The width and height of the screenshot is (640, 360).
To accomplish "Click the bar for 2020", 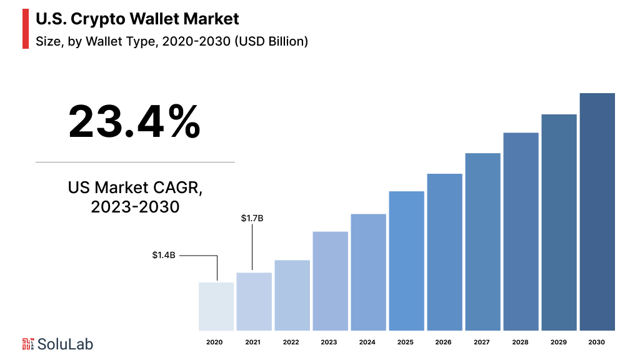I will pyautogui.click(x=216, y=306).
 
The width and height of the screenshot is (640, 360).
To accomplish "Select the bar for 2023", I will pyautogui.click(x=330, y=281).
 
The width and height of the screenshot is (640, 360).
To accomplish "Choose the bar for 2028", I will pyautogui.click(x=521, y=231).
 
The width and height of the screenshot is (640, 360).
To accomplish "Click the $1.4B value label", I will pyautogui.click(x=164, y=255).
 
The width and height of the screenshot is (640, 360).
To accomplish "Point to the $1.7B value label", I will pyautogui.click(x=252, y=218).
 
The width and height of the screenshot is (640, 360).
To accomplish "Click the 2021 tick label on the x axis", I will pyautogui.click(x=252, y=342).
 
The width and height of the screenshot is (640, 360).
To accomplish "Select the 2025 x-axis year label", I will pyautogui.click(x=405, y=342).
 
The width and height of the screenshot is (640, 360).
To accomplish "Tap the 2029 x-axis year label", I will pyautogui.click(x=559, y=342).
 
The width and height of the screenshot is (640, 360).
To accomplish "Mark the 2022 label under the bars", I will pyautogui.click(x=291, y=342).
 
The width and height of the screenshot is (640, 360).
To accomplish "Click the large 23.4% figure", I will pyautogui.click(x=134, y=122).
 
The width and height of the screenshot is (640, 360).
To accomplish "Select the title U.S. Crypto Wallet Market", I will pyautogui.click(x=137, y=19).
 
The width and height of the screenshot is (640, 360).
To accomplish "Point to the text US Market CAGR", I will pyautogui.click(x=135, y=187).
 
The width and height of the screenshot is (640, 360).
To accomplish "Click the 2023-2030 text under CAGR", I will pyautogui.click(x=135, y=207).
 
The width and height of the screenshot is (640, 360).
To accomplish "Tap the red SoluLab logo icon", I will pyautogui.click(x=28, y=344).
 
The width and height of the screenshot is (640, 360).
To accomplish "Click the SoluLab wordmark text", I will pyautogui.click(x=66, y=344).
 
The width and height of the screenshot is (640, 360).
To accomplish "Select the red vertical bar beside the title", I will pyautogui.click(x=26, y=29).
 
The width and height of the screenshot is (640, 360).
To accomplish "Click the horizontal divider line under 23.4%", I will pyautogui.click(x=135, y=162).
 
